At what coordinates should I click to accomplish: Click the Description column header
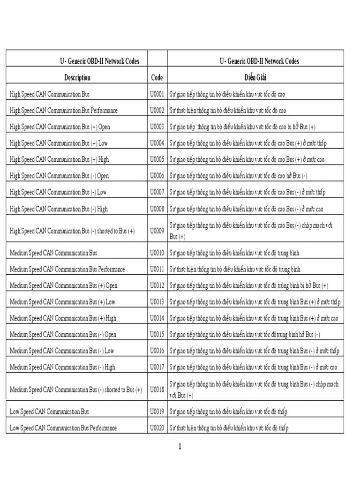(x=77, y=77)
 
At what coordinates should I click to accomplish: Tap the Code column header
(x=157, y=77)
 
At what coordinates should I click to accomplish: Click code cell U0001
(x=157, y=94)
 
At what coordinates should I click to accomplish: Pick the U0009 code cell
(x=157, y=231)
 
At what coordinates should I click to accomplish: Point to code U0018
(x=157, y=390)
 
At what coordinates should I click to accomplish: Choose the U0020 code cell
(x=157, y=428)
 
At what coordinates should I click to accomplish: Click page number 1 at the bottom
(x=180, y=447)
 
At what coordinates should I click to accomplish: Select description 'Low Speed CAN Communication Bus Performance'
(x=63, y=428)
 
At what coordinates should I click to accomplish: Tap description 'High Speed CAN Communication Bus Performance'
(x=64, y=111)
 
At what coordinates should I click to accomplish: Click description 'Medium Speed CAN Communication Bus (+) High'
(x=63, y=318)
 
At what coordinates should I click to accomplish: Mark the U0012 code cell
(x=157, y=285)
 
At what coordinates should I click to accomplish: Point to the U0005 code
(x=157, y=159)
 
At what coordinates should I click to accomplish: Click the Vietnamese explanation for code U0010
(x=234, y=253)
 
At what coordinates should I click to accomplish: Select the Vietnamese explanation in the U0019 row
(x=228, y=412)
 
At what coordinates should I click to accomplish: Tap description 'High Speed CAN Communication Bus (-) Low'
(x=58, y=192)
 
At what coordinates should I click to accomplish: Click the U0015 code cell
(x=157, y=335)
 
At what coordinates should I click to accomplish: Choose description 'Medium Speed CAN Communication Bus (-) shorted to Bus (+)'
(x=76, y=390)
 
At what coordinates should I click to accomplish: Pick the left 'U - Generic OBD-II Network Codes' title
(x=99, y=61)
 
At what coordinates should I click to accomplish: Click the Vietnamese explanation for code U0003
(x=242, y=127)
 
